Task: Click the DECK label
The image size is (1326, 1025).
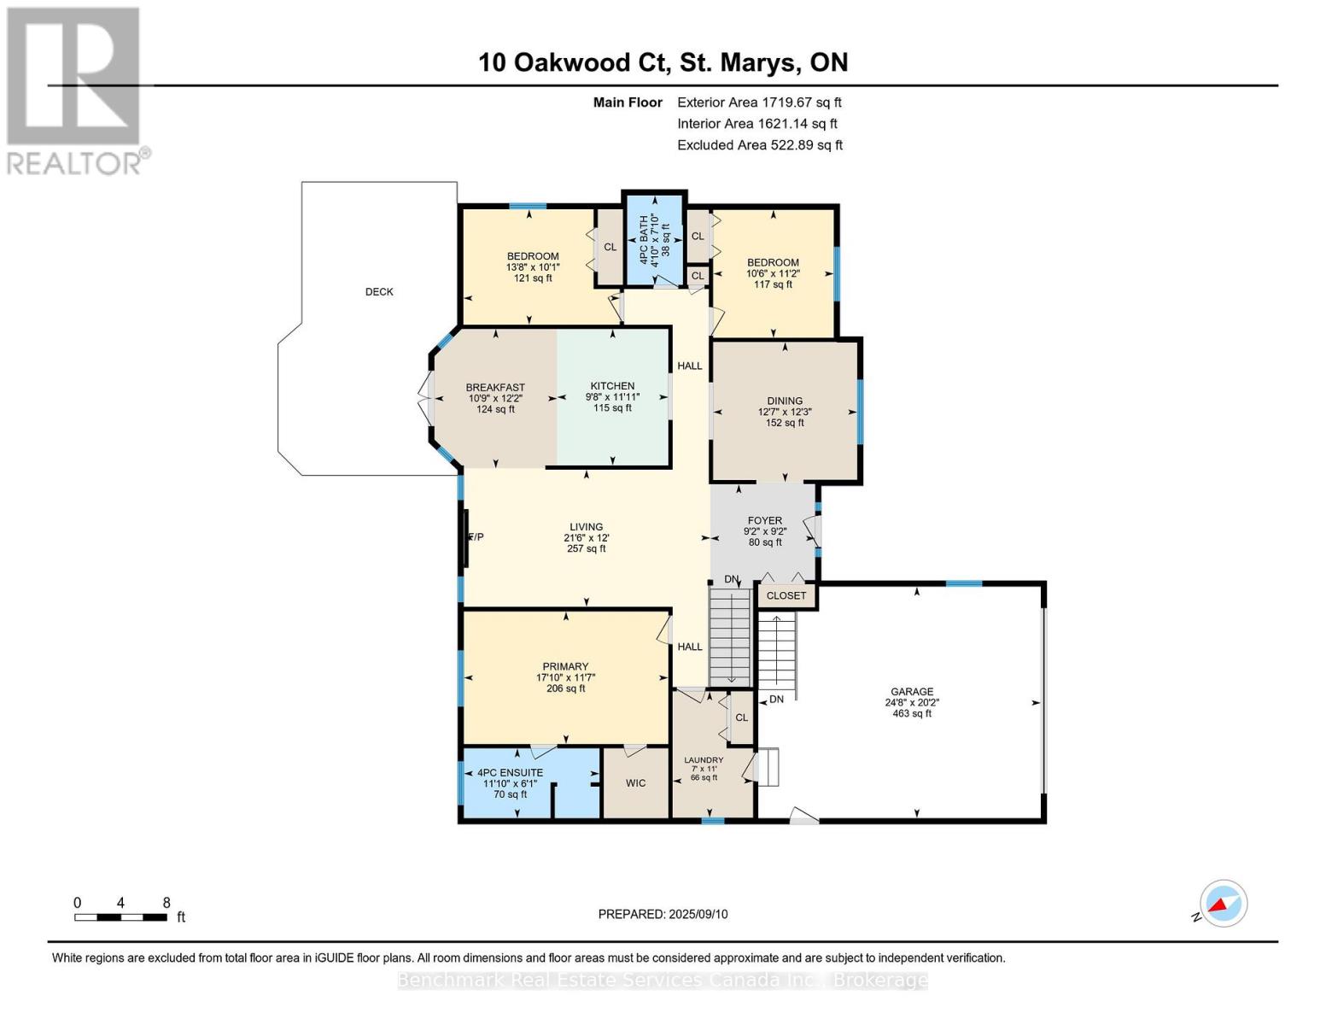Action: coord(379,292)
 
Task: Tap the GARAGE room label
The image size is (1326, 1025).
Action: coord(912,692)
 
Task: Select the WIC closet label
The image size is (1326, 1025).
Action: coord(635,783)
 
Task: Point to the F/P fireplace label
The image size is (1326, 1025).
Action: coord(476,537)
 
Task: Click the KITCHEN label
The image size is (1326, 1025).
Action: coord(612,386)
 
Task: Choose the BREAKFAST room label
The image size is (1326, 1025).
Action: coord(495,388)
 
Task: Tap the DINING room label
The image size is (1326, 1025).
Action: coord(785,401)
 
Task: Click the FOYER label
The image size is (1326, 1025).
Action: coord(764,521)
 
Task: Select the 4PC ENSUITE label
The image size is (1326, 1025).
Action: coord(510,773)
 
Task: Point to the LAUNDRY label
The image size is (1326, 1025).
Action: coord(704,760)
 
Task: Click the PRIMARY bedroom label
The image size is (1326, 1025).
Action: coord(565,666)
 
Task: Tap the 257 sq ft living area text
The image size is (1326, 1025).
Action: coord(586,549)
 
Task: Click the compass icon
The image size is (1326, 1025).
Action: coord(1223,904)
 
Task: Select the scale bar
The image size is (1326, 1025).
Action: coord(121,917)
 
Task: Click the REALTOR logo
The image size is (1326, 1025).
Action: coord(75,91)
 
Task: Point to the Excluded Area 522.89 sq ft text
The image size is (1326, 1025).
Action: coord(760,145)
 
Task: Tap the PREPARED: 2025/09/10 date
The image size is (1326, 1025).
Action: coord(663,914)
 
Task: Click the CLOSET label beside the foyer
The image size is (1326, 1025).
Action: coord(786,596)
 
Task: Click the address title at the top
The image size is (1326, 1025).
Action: coord(663,62)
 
